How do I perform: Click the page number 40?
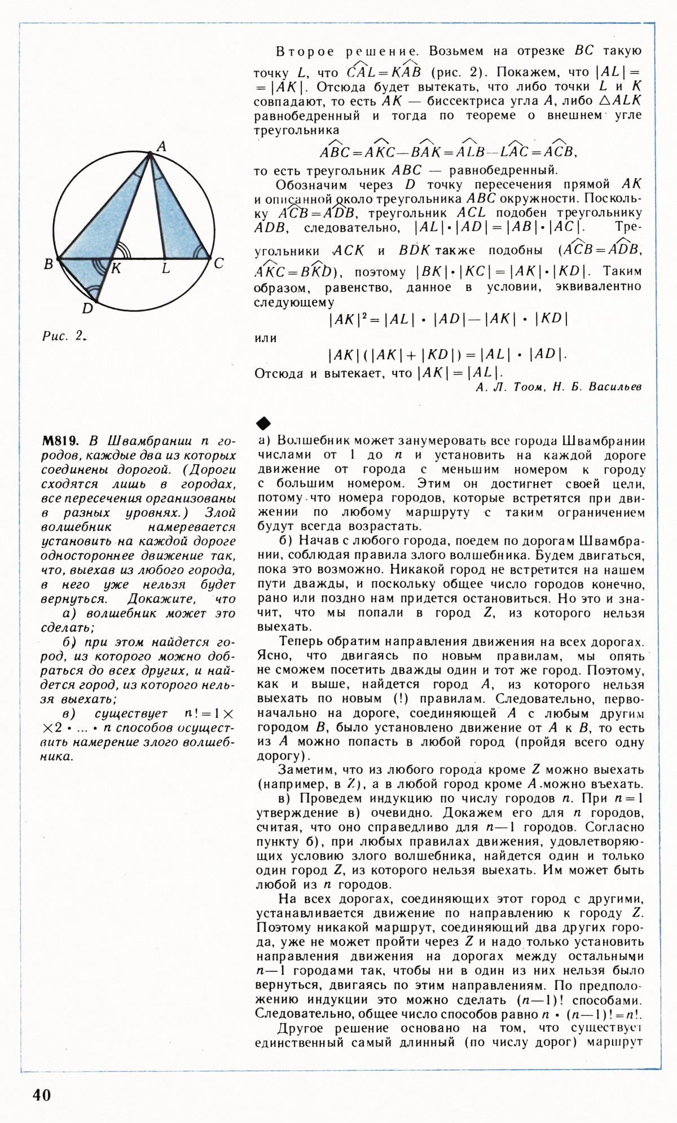(42, 1094)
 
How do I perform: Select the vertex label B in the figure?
(49, 263)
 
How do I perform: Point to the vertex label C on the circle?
(219, 263)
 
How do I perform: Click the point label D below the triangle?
(87, 308)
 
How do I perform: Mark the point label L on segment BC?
(165, 269)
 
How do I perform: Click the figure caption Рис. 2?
(64, 336)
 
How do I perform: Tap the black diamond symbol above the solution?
(263, 422)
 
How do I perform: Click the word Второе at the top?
(305, 51)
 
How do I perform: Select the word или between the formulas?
(266, 338)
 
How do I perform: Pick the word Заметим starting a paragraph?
(305, 770)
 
